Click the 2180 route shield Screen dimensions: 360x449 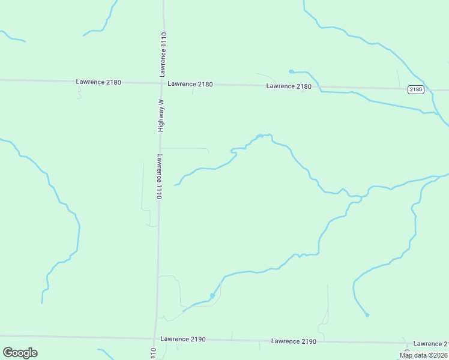click(x=415, y=89)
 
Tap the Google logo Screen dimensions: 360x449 click(x=20, y=353)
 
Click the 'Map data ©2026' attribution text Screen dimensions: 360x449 click(x=424, y=355)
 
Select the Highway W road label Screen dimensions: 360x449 click(x=161, y=115)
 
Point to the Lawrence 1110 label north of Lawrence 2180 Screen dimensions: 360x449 click(x=163, y=54)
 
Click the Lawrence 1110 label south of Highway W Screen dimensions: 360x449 click(x=160, y=177)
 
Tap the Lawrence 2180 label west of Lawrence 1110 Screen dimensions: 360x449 click(x=99, y=82)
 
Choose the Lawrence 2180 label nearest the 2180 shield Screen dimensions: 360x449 click(x=289, y=86)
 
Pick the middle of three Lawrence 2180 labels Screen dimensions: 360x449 click(x=190, y=84)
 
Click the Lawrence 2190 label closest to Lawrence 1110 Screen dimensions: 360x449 click(x=183, y=339)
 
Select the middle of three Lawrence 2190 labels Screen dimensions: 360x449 click(x=294, y=341)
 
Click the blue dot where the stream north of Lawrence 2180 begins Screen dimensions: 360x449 click(x=291, y=71)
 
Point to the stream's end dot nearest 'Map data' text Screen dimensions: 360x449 click(x=367, y=314)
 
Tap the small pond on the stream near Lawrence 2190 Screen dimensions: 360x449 click(x=212, y=295)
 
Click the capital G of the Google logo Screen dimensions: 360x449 click(x=8, y=352)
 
